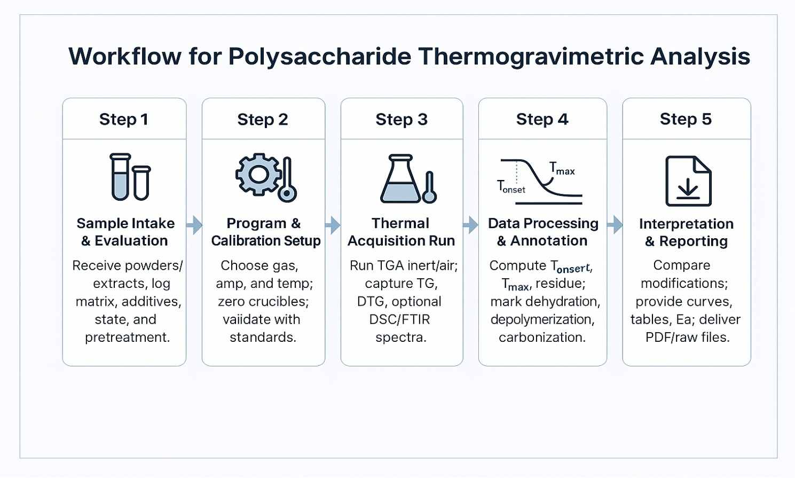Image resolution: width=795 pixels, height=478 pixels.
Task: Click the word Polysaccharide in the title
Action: click(x=320, y=57)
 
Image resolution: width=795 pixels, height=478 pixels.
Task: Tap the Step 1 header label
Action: click(x=124, y=119)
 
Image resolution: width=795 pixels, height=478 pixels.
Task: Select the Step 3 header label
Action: click(x=402, y=119)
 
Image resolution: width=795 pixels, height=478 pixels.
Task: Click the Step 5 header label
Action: click(x=686, y=119)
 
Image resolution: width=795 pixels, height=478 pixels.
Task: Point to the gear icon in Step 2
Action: click(x=258, y=174)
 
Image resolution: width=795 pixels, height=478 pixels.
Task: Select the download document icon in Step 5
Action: click(x=688, y=181)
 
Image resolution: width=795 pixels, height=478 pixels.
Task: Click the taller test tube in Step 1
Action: click(x=120, y=177)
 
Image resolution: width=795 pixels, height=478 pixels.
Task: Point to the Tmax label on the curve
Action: click(x=562, y=168)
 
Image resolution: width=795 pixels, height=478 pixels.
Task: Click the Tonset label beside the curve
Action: click(x=511, y=186)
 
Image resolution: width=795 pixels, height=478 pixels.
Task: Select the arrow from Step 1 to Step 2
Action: click(x=194, y=225)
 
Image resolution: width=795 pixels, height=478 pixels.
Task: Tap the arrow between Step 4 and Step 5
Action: click(x=615, y=225)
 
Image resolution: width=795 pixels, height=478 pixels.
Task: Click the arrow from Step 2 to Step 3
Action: click(x=333, y=225)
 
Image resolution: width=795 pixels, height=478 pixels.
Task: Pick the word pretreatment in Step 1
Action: click(x=128, y=338)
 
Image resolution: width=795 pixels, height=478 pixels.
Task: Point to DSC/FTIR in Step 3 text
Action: click(x=399, y=319)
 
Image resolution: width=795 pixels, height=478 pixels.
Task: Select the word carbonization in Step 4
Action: click(x=542, y=337)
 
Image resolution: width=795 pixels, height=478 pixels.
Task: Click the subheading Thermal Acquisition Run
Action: click(x=401, y=232)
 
